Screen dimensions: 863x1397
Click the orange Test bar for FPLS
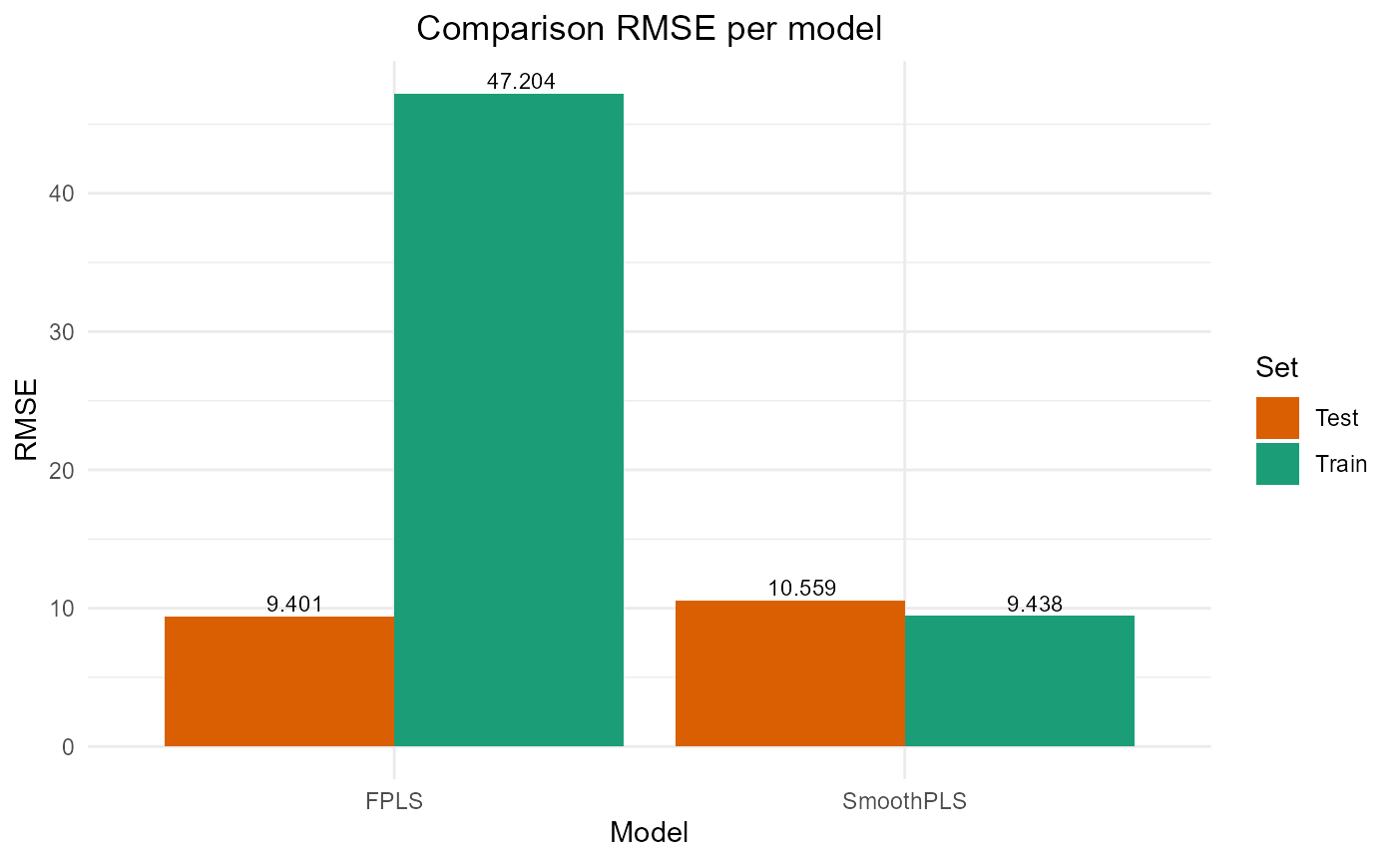point(279,681)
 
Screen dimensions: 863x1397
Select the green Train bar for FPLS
point(509,420)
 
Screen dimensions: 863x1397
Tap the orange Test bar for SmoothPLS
point(790,673)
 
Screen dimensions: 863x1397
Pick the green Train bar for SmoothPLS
point(1020,681)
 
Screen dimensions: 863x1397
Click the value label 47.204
point(521,82)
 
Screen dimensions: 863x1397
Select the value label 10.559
point(802,589)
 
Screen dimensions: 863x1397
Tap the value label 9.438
point(1035,604)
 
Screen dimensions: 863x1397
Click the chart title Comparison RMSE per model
point(649,29)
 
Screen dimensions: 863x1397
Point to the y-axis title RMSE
point(27,419)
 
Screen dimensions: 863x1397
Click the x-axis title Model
point(649,832)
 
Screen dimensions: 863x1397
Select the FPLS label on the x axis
point(394,801)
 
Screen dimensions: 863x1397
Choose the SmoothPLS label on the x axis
point(905,801)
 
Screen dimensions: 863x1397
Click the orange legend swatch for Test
point(1277,418)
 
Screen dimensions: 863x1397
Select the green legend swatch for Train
point(1277,464)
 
